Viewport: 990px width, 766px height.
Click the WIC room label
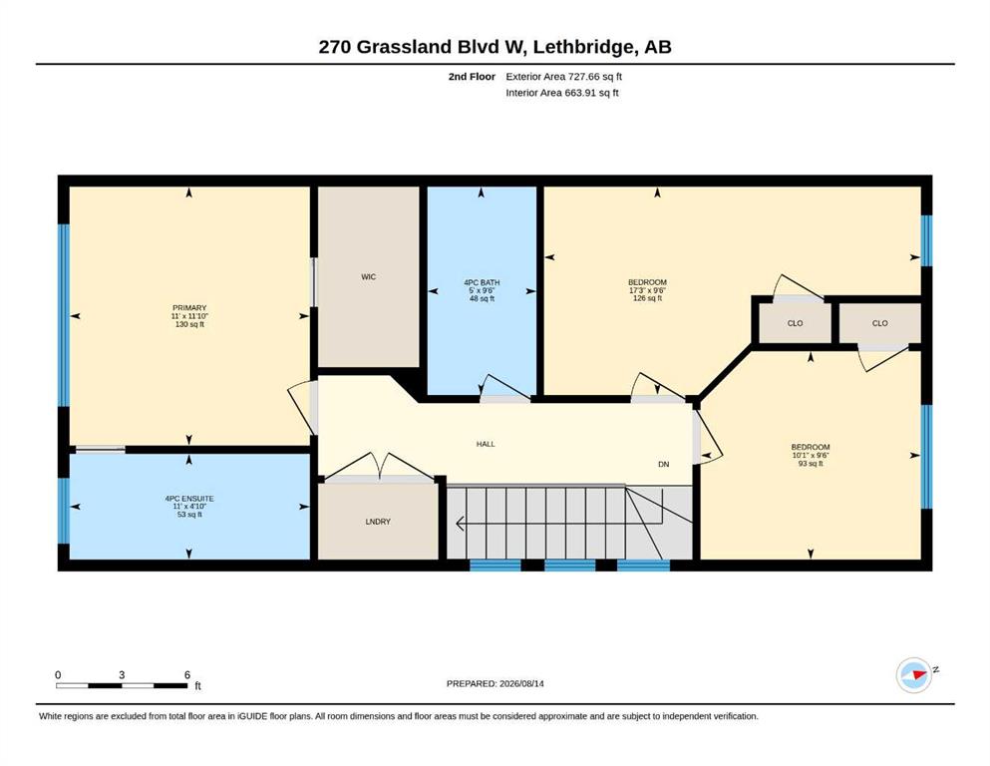point(369,276)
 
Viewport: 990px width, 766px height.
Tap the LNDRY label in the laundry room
point(378,522)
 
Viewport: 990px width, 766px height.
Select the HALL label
point(486,444)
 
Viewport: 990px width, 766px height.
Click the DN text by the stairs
point(664,464)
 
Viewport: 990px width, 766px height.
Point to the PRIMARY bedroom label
point(189,308)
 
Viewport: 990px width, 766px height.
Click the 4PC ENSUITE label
point(189,499)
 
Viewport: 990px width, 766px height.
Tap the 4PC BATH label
point(482,283)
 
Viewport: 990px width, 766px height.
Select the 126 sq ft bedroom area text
point(647,298)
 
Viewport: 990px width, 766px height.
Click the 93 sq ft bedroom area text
point(811,464)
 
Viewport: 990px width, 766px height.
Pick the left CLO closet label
point(795,323)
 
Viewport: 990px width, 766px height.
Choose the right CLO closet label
point(880,323)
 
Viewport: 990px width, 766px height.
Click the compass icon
point(914,675)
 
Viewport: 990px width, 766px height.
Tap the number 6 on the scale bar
point(186,674)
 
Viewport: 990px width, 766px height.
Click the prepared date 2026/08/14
point(521,683)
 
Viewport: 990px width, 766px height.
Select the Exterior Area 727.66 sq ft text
point(564,77)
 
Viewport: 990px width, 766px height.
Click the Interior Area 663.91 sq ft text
point(562,92)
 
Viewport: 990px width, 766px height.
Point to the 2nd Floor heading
point(472,77)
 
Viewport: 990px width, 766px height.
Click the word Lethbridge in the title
point(587,47)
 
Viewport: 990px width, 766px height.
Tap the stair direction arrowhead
point(461,524)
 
